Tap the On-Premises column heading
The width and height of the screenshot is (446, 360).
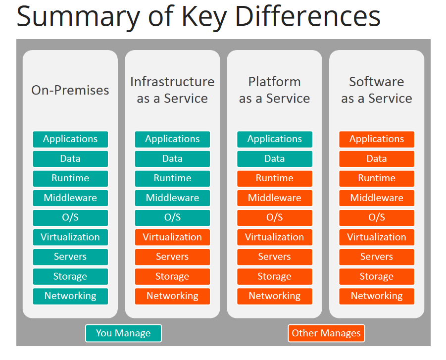[70, 90]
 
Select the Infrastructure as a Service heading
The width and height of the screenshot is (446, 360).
[172, 90]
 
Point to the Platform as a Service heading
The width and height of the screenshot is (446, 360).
[274, 90]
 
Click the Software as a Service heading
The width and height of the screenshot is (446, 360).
[377, 90]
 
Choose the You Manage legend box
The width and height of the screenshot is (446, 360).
[123, 333]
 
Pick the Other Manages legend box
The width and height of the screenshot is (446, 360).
[326, 333]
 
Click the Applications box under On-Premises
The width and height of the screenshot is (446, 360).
[70, 139]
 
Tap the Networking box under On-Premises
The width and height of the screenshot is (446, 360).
[70, 296]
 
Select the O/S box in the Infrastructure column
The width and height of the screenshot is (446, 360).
[172, 218]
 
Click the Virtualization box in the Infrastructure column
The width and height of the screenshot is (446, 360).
[172, 237]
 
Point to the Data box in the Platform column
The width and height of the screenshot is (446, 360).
[274, 159]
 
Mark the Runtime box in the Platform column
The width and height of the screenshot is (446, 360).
[274, 178]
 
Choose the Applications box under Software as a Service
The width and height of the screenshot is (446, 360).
[377, 139]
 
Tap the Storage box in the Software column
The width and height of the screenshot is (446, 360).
[377, 276]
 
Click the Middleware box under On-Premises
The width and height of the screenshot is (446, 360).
[70, 198]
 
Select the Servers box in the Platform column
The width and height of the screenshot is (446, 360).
[274, 257]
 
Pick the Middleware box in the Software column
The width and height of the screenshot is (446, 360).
[377, 198]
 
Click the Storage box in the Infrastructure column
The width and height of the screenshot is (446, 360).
[172, 276]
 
